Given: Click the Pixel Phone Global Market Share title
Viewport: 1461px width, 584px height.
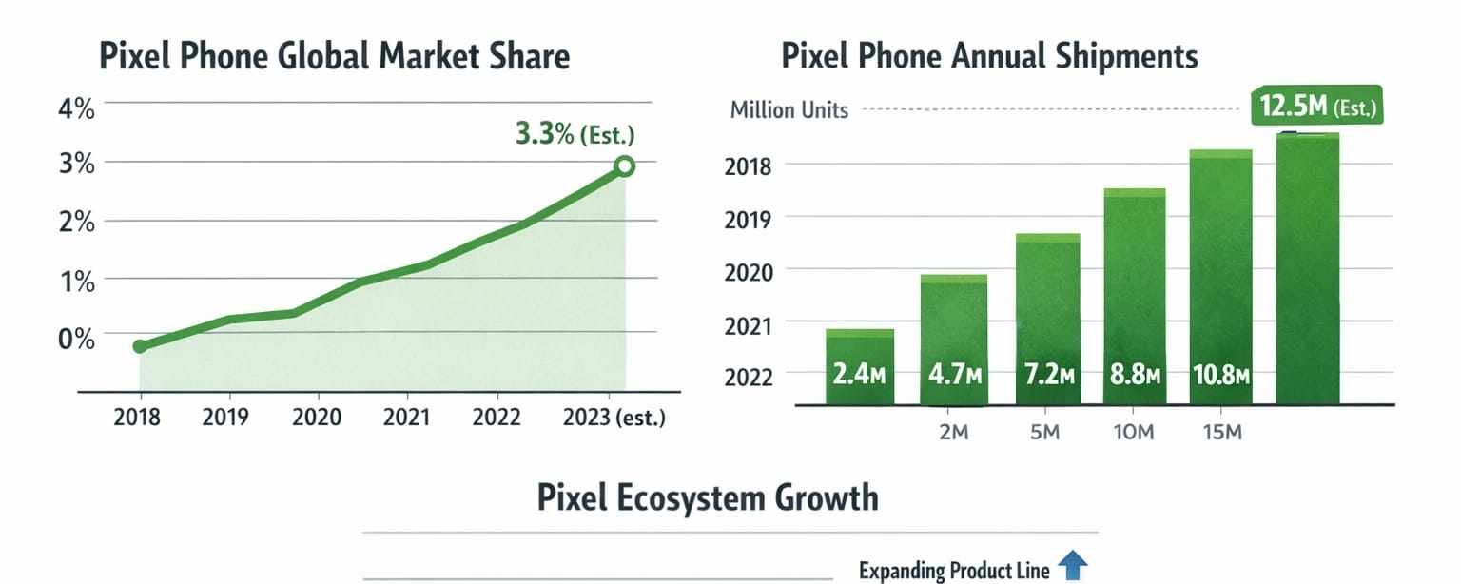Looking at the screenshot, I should [334, 56].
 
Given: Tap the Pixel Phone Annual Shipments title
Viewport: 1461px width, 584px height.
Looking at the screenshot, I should [989, 56].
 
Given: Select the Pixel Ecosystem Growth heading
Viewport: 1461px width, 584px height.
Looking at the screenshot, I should [708, 497].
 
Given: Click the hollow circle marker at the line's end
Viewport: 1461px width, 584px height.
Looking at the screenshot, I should [624, 166].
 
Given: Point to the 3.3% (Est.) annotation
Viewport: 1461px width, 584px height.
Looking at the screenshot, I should [575, 135].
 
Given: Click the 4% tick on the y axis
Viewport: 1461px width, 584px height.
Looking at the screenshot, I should [77, 108].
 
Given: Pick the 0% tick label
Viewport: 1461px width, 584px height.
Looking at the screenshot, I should [77, 339].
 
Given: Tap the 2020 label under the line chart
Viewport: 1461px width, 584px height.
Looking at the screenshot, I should [318, 418].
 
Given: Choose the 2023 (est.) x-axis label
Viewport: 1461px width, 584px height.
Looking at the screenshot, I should [614, 418].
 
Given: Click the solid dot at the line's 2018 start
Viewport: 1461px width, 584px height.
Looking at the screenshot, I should [140, 346].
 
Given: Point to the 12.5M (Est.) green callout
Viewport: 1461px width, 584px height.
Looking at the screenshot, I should [1316, 108].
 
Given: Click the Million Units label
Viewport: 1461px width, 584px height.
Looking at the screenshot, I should [789, 110].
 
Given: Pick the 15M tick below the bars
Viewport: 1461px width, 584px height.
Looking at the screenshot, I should [1221, 434].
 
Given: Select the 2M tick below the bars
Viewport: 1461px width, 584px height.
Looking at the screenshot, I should [953, 434].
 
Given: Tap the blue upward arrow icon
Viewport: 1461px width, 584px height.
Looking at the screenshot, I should [1073, 567].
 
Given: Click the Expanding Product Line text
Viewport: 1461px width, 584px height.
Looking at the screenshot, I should [954, 571].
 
